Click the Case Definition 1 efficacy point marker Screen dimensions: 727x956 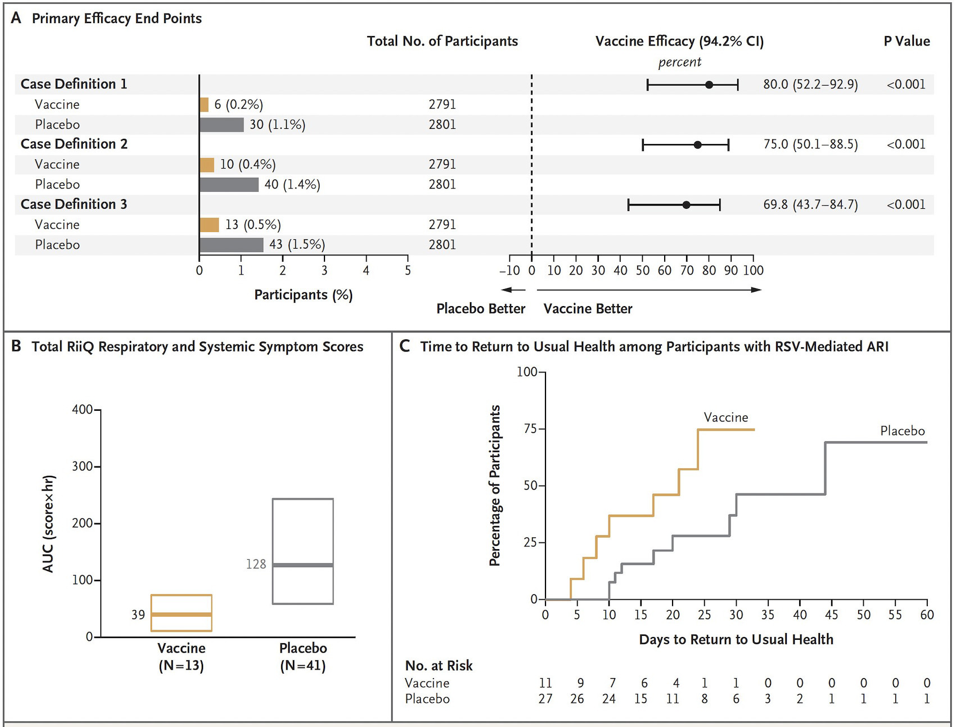(x=709, y=85)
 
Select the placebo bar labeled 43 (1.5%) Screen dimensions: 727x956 (x=231, y=245)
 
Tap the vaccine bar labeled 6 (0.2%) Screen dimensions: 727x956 (x=204, y=105)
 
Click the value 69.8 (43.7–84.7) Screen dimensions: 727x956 (x=810, y=204)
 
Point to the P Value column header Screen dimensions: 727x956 (x=907, y=41)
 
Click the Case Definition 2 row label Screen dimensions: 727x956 (x=74, y=144)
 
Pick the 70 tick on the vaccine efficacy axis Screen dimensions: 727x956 (x=687, y=270)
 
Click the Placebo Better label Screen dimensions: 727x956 (x=481, y=308)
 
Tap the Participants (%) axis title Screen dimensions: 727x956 (x=303, y=295)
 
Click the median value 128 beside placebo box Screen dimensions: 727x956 (x=256, y=564)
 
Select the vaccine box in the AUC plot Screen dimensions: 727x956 (x=181, y=613)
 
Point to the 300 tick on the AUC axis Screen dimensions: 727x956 (x=83, y=466)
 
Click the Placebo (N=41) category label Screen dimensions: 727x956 (x=303, y=657)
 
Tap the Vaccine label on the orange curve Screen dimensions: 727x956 (x=725, y=418)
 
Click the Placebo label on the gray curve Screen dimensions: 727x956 (x=902, y=431)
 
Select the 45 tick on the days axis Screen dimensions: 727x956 (x=831, y=614)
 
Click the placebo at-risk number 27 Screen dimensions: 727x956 (x=545, y=698)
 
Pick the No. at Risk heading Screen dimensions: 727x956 (x=439, y=666)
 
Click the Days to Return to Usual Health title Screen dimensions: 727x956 (x=736, y=639)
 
